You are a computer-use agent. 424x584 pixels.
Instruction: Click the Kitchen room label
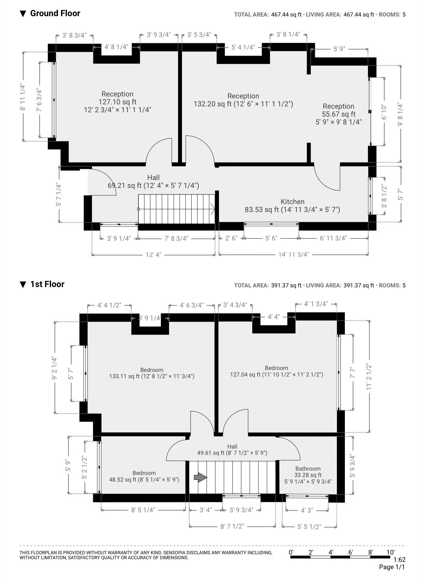(292, 202)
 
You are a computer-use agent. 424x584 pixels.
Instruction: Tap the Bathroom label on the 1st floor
(308, 469)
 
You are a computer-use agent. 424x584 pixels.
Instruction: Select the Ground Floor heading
(55, 14)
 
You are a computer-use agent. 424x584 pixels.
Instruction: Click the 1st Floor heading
(47, 284)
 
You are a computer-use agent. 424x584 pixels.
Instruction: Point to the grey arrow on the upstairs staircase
(200, 477)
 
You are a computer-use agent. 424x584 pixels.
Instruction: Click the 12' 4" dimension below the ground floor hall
(153, 255)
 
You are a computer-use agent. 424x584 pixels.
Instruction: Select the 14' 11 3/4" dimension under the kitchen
(294, 255)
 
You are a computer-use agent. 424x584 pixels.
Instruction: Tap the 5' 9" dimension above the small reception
(339, 49)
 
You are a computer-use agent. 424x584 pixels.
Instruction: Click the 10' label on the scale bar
(390, 552)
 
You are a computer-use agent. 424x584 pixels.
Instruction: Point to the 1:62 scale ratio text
(399, 560)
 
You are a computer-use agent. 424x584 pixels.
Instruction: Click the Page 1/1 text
(392, 567)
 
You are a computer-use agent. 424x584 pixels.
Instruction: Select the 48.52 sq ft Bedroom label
(144, 476)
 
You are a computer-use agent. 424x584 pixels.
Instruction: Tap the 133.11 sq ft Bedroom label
(152, 373)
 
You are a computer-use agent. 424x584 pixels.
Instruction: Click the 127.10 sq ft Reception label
(117, 102)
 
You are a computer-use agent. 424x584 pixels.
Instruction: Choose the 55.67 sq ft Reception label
(339, 114)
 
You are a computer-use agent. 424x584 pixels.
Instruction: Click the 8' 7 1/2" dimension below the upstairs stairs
(232, 527)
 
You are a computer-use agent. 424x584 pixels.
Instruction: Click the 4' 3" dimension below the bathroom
(307, 510)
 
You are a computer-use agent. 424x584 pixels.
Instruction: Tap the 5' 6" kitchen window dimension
(271, 238)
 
